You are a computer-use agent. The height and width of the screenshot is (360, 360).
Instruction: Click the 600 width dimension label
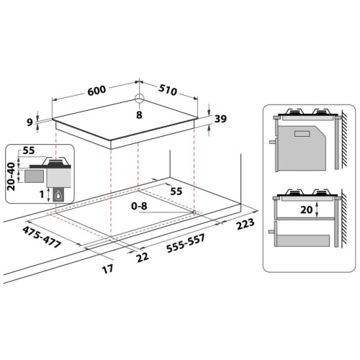(x=96, y=91)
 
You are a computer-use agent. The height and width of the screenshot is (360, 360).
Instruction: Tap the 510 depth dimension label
(x=168, y=90)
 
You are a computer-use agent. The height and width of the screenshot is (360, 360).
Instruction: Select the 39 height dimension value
(x=220, y=119)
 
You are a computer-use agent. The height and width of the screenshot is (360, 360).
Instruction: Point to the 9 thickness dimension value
(x=30, y=122)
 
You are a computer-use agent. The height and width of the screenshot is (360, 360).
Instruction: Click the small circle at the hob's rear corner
(x=139, y=99)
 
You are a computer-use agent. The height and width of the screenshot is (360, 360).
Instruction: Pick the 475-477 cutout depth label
(x=42, y=237)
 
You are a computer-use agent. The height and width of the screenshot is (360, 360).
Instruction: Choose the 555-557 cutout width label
(x=186, y=243)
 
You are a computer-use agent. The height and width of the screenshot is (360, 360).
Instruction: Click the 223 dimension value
(x=245, y=224)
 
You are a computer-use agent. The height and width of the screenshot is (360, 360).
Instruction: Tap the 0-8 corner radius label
(x=139, y=206)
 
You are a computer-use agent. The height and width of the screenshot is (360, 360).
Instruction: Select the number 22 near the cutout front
(x=143, y=257)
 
